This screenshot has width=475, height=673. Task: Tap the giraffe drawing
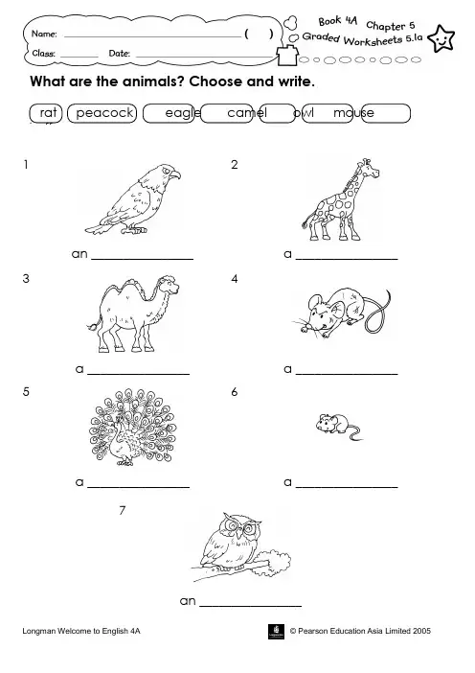pos(340,200)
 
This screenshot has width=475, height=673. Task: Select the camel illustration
pos(133,313)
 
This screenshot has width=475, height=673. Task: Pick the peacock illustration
pos(132,427)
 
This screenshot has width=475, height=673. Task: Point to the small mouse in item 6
pos(339,427)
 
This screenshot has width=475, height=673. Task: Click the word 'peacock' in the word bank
pos(104,113)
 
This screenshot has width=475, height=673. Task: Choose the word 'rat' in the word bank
pos(48,112)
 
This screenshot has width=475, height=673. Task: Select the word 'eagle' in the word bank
pos(183,113)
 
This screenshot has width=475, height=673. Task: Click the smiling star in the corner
pos(441,38)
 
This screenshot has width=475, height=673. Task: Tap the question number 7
pos(123,510)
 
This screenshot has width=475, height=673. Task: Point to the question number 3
pos(26,279)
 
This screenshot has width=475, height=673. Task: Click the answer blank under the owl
pos(251,606)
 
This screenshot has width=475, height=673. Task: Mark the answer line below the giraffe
pos(347,259)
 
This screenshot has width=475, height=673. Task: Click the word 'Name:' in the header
pos(44,34)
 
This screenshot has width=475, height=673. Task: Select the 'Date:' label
pos(119,54)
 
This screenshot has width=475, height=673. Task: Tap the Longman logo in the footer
pos(276,632)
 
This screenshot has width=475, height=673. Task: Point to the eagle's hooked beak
pos(175,175)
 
